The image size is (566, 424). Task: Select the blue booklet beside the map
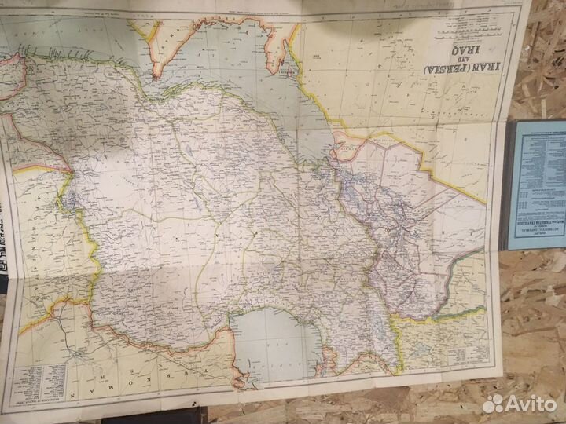(536, 185)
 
